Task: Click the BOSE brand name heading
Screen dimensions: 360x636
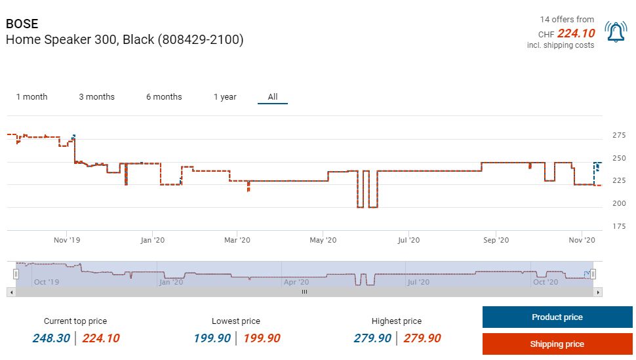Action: coord(22,24)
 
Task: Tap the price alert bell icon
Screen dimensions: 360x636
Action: coord(616,31)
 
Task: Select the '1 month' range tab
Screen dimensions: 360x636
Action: coord(31,97)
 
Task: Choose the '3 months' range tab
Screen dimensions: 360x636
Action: coord(96,97)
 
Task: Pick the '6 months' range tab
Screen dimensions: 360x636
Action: coord(164,97)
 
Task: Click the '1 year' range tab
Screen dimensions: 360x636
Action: coord(225,97)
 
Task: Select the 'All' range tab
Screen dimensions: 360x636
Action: coord(273,97)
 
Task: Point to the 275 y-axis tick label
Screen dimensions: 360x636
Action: coord(619,136)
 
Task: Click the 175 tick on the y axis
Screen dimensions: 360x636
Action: coord(619,227)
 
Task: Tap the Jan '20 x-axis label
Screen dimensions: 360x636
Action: coord(152,241)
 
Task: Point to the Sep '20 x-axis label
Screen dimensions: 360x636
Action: coord(496,241)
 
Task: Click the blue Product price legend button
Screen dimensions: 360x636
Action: coord(557,317)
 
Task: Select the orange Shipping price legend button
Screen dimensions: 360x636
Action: coord(557,344)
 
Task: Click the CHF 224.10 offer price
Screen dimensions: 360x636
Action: coord(576,33)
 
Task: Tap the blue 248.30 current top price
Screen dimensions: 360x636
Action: coord(52,338)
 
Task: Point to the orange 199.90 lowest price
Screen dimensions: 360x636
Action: coord(262,338)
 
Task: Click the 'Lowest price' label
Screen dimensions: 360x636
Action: coord(236,321)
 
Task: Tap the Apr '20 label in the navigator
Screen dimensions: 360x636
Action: coord(296,282)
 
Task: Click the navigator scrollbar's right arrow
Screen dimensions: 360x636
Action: coord(597,292)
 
